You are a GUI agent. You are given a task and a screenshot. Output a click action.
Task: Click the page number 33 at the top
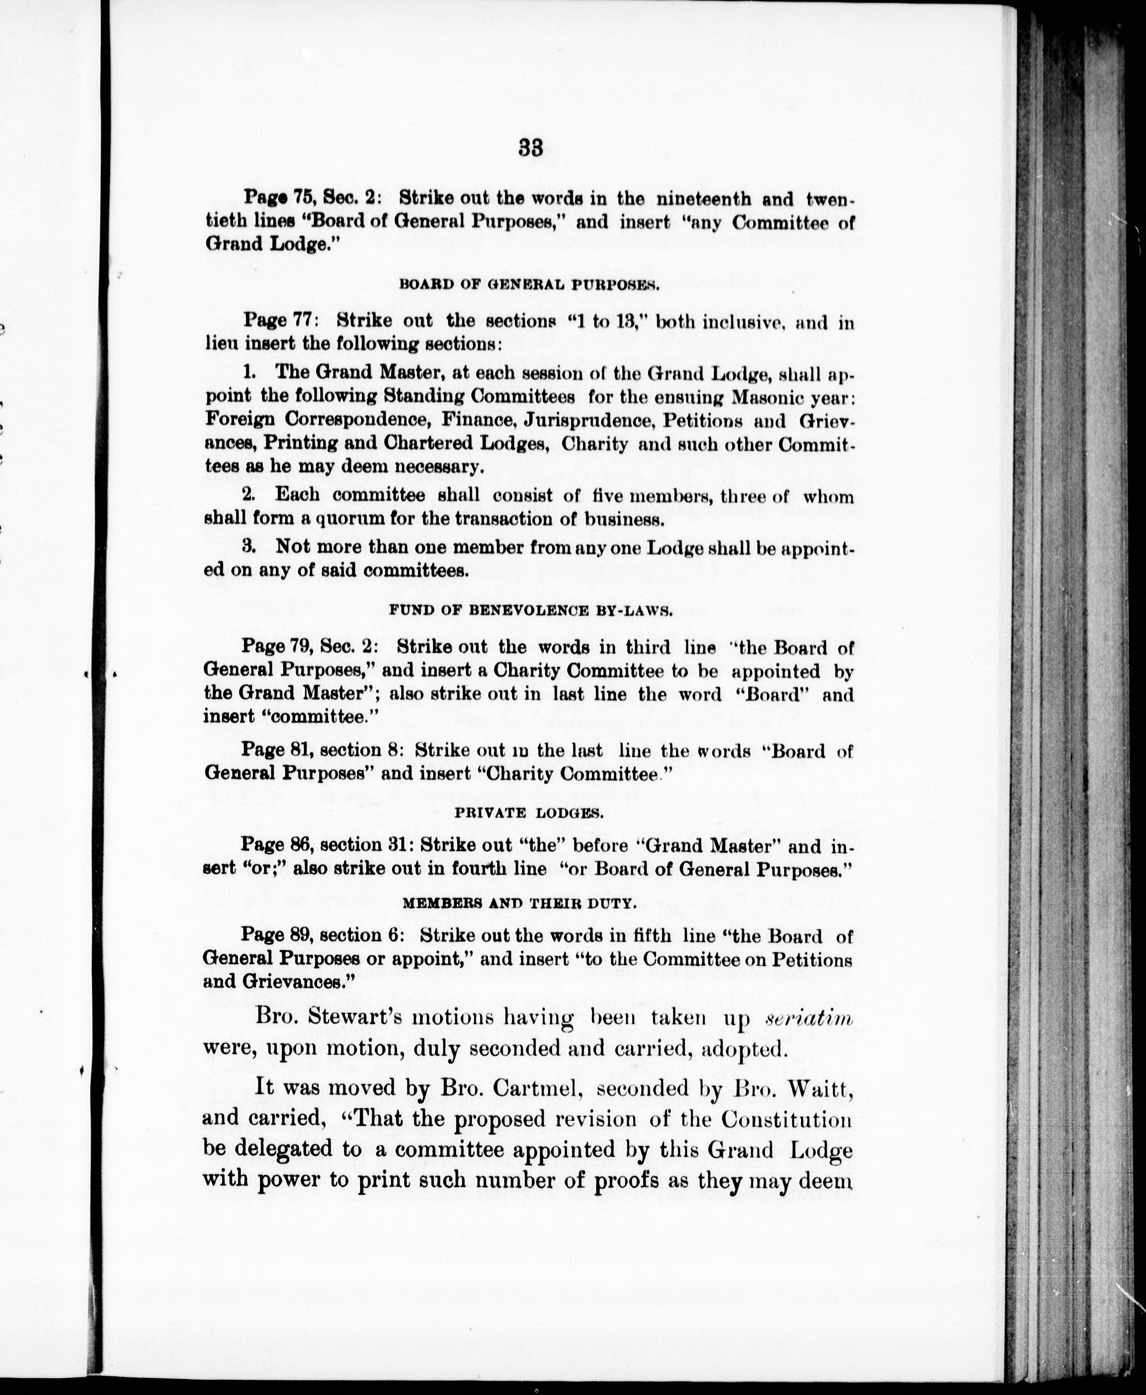click(531, 148)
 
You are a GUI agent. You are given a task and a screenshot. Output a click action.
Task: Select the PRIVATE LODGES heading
click(530, 813)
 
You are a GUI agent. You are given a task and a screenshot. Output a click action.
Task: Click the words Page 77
click(282, 321)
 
